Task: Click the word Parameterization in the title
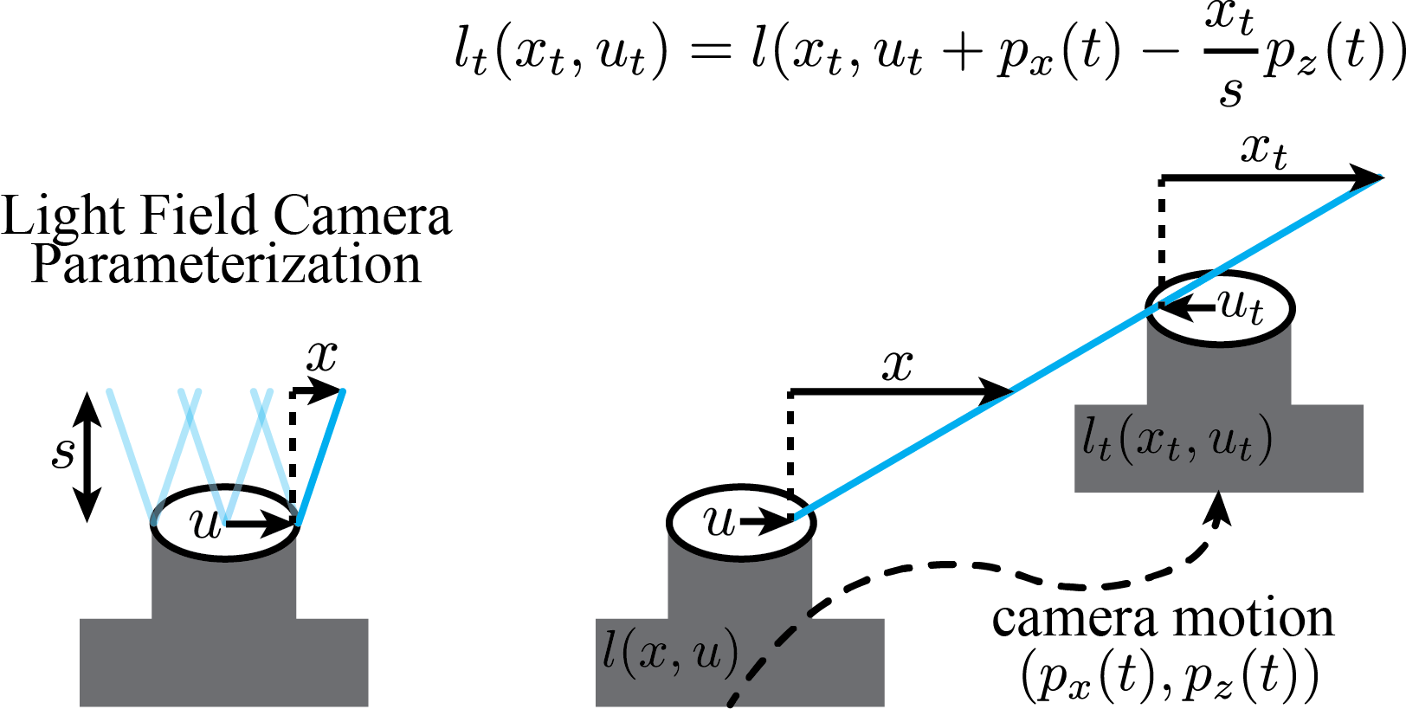pyautogui.click(x=226, y=266)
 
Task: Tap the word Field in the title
pyautogui.click(x=200, y=216)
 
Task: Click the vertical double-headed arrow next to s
pyautogui.click(x=87, y=457)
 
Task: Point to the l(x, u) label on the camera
pyautogui.click(x=670, y=653)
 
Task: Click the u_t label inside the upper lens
pyautogui.click(x=1241, y=307)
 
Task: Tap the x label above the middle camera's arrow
pyautogui.click(x=897, y=365)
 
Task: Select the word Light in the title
pyautogui.click(x=62, y=216)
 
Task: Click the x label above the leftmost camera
pyautogui.click(x=322, y=357)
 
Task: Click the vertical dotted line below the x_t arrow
pyautogui.click(x=1161, y=241)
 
